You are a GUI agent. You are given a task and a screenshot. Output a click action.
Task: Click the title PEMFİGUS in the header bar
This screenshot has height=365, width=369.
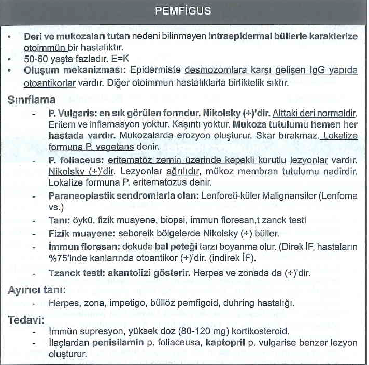(x=183, y=10)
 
